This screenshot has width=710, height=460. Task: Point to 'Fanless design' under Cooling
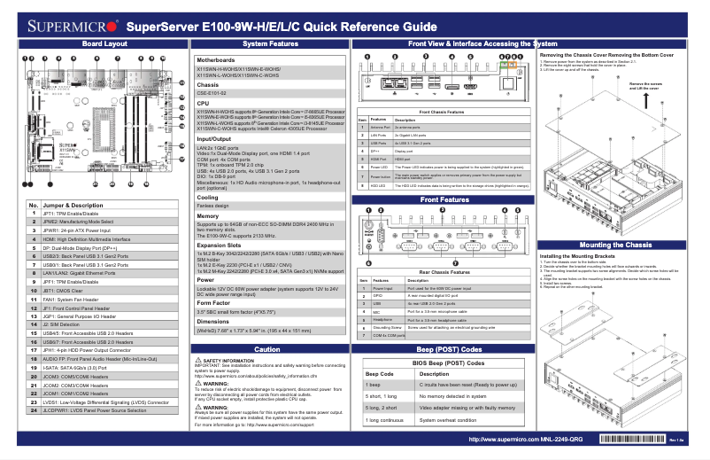tap(216, 205)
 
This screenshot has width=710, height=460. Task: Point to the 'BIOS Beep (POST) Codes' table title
tap(444, 364)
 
